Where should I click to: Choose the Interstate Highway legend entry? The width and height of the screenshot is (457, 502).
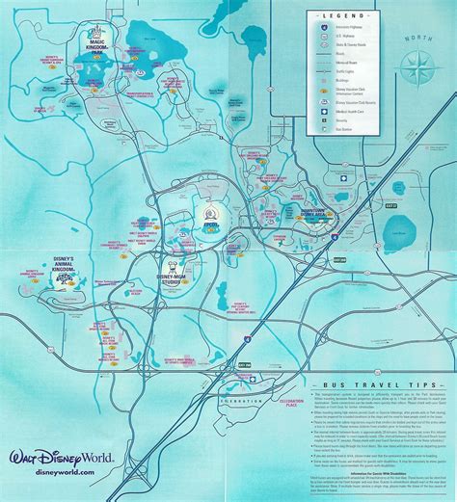(361, 29)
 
